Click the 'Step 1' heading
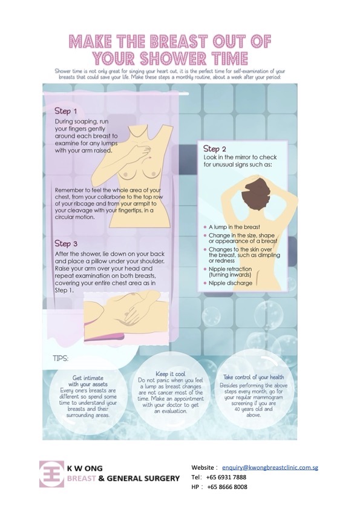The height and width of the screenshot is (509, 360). coord(65,111)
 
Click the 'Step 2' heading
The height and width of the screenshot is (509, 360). coord(214,149)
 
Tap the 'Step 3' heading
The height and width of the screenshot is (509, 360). coord(66,243)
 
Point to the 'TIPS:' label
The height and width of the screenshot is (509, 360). coord(61,358)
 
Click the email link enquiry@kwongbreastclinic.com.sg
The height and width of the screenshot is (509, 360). coord(270,467)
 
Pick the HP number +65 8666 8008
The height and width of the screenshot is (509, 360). coord(227,487)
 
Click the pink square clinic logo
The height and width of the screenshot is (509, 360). coord(51,474)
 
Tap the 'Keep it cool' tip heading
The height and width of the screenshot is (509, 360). coord(171,374)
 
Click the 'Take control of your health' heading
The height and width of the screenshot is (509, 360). coord(254,377)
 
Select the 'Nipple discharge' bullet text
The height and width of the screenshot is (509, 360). coord(230,283)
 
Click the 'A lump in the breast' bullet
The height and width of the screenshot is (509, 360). coord(234,227)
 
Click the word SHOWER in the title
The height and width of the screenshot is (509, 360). coord(173,59)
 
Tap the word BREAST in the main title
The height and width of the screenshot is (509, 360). coord(177,42)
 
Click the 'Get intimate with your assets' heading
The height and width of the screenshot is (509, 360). coord(88,381)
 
